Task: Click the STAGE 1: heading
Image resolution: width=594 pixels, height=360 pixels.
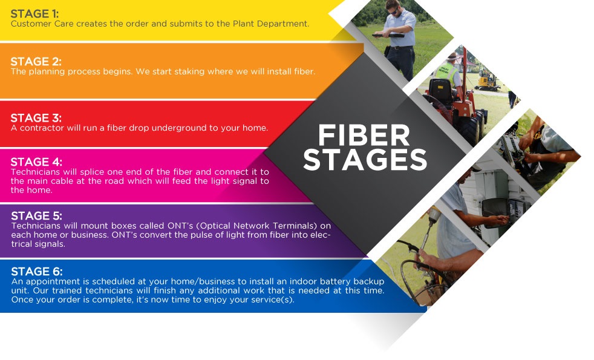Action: (x=35, y=14)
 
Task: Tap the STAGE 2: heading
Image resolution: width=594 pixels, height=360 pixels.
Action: (x=36, y=61)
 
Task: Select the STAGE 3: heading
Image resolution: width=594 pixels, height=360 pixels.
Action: (x=36, y=118)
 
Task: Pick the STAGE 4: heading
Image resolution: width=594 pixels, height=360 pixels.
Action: (x=36, y=162)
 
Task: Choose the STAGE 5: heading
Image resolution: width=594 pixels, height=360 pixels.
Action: (x=37, y=215)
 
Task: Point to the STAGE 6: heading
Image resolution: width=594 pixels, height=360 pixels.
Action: (x=37, y=271)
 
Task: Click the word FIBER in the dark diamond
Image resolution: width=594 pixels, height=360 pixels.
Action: (x=364, y=136)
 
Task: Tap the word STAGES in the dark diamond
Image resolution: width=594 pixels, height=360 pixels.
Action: (x=365, y=159)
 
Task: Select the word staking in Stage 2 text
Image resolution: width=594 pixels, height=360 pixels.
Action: (x=168, y=71)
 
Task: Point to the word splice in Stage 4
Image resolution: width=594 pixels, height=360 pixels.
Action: (x=92, y=172)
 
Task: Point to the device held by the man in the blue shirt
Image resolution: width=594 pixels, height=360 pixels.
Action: (x=388, y=35)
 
